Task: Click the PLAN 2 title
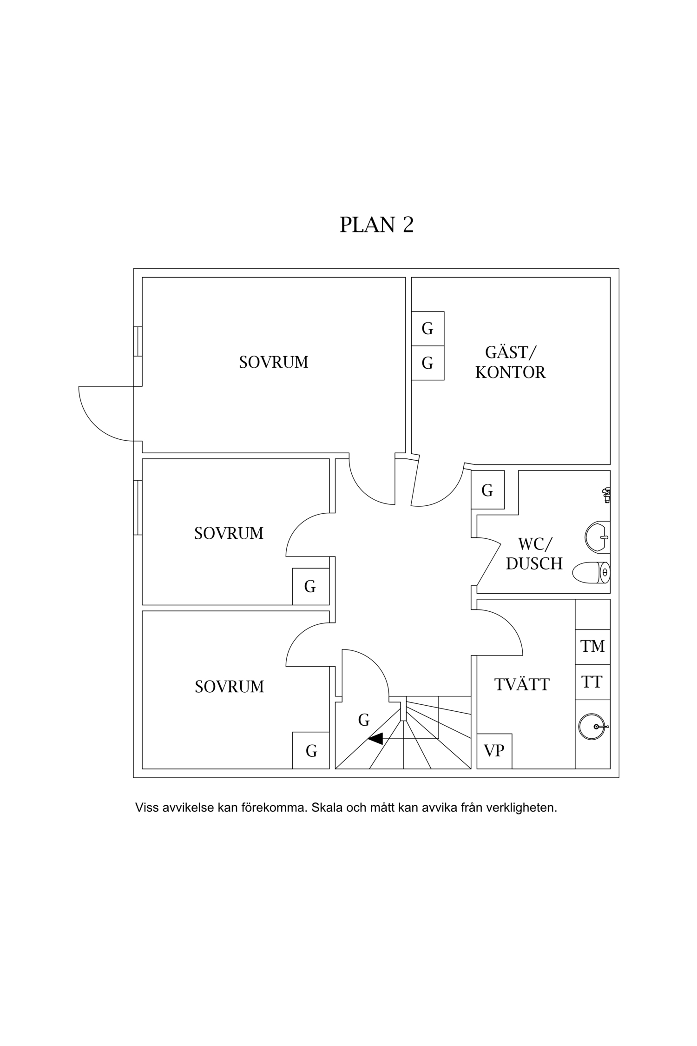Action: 376,225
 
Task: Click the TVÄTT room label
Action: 522,684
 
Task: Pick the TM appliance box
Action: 592,646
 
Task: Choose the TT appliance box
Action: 592,682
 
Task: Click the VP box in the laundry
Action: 494,751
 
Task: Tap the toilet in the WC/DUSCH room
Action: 591,573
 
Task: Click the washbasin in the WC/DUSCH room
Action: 597,537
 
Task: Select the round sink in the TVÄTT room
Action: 592,727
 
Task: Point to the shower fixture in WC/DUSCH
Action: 606,495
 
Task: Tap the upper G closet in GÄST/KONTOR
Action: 427,329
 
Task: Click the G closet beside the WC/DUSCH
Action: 487,490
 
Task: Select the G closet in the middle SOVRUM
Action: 310,586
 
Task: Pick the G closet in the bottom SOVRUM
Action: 311,750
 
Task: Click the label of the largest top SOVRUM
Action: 274,362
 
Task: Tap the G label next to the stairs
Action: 364,720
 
